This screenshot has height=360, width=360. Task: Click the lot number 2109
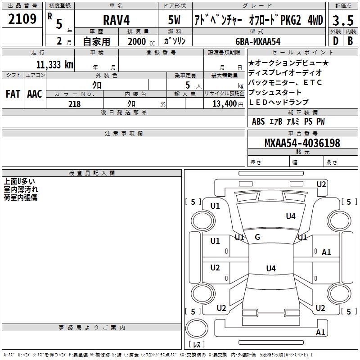pyautogui.click(x=22, y=19)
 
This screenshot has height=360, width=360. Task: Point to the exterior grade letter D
pyautogui.click(x=335, y=40)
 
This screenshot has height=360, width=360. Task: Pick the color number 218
pyautogui.click(x=74, y=104)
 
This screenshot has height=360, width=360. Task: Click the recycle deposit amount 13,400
pyautogui.click(x=225, y=104)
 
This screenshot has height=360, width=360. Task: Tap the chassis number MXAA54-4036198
pyautogui.click(x=302, y=143)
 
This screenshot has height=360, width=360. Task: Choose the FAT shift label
pyautogui.click(x=13, y=94)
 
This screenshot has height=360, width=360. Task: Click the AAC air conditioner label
pyautogui.click(x=34, y=94)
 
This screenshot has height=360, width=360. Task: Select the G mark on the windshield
pyautogui.click(x=257, y=237)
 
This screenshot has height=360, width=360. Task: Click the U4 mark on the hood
pyautogui.click(x=291, y=216)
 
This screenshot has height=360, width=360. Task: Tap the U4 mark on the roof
pyautogui.click(x=270, y=269)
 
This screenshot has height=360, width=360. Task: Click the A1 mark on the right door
pyautogui.click(x=326, y=252)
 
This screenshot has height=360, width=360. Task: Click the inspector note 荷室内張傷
pyautogui.click(x=21, y=198)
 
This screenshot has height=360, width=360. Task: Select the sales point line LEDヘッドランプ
pyautogui.click(x=279, y=102)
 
